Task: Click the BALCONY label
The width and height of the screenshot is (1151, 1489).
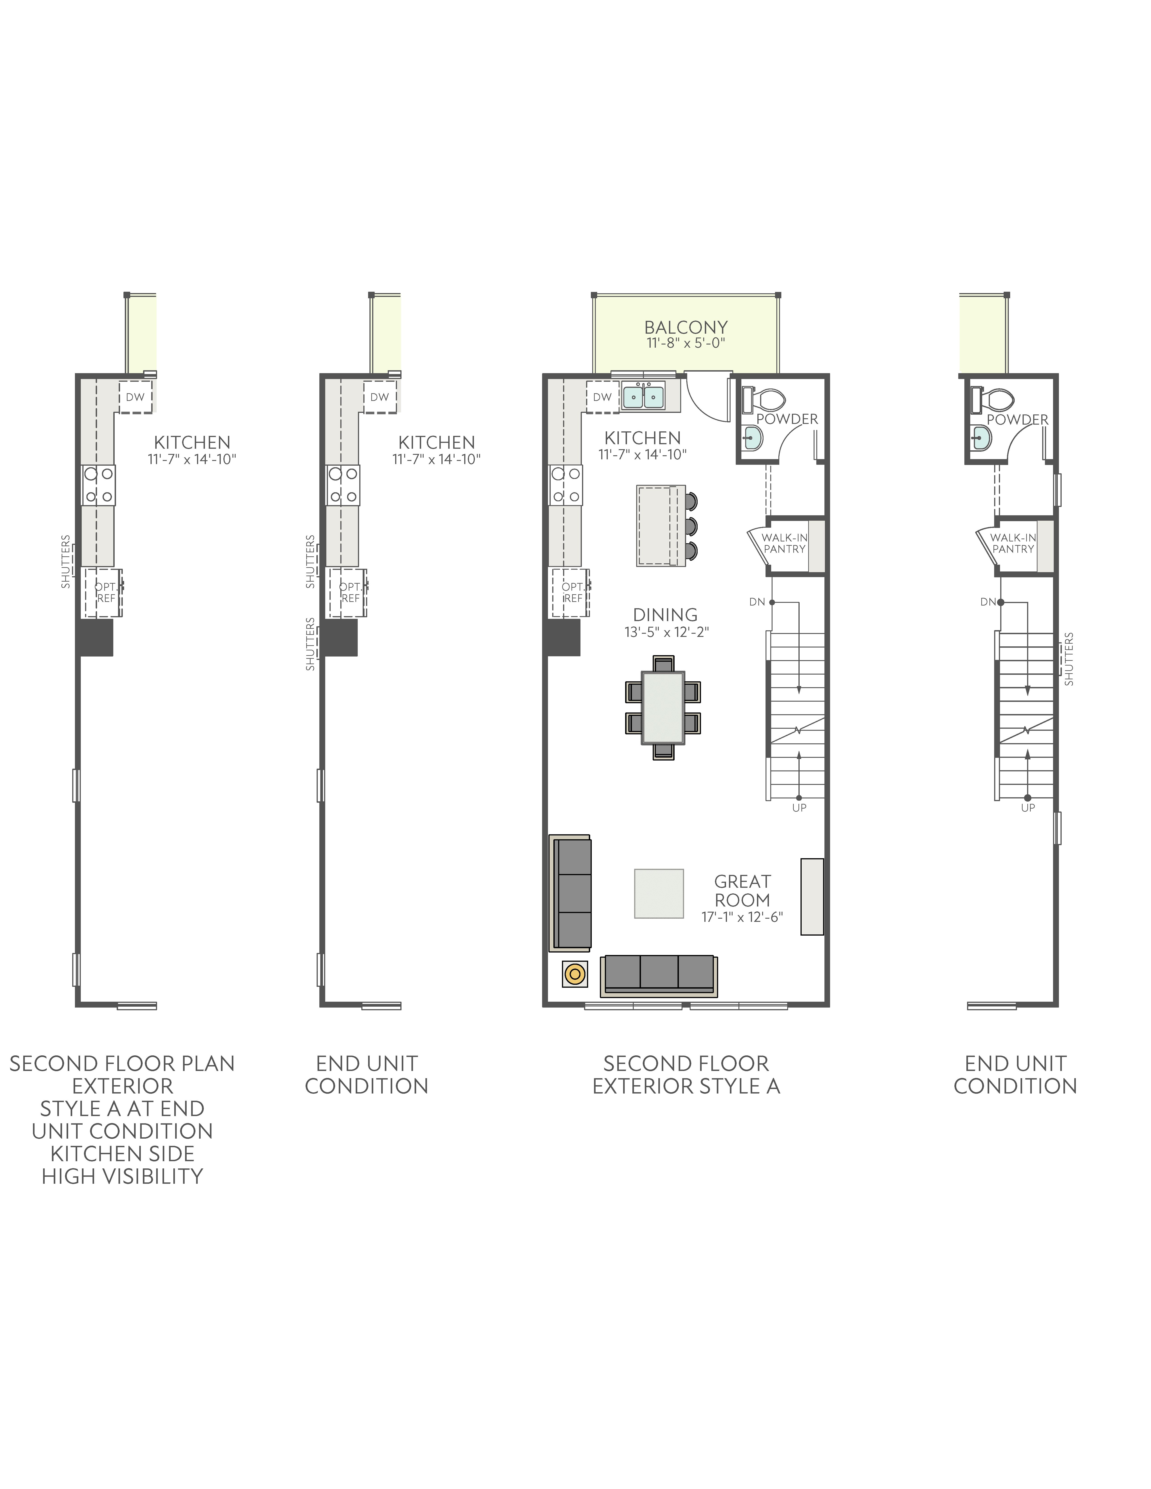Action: [686, 327]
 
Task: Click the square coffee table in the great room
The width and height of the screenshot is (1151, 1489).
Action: [659, 893]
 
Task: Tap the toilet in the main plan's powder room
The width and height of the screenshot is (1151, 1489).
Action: [768, 399]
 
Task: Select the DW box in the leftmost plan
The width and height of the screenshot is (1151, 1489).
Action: [135, 397]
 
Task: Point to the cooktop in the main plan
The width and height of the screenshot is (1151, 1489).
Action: [566, 485]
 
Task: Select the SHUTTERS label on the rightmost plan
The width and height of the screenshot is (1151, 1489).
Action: [1068, 659]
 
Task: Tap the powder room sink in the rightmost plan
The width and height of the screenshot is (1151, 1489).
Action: [981, 438]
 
